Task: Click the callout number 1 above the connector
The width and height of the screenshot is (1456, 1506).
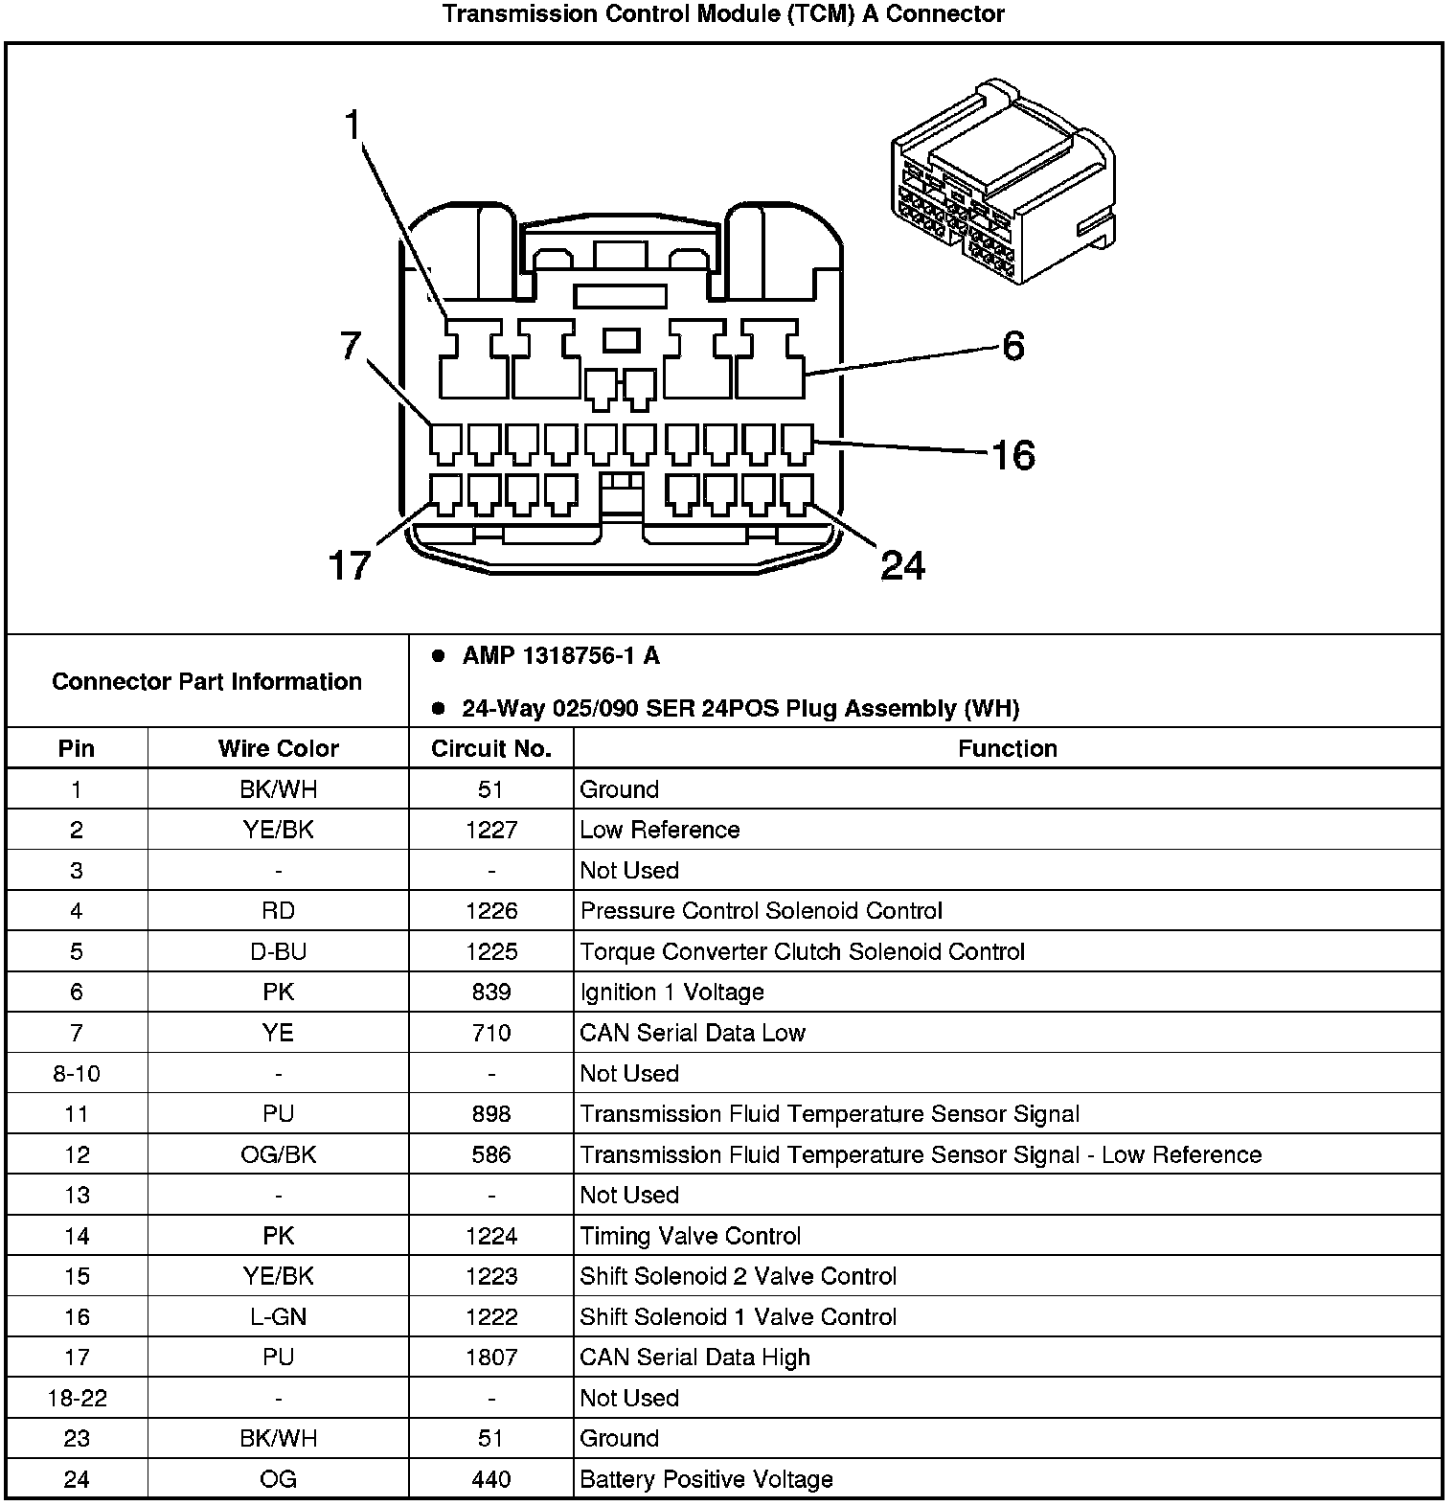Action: coord(354,125)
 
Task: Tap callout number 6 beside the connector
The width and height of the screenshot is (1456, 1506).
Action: coord(1013,346)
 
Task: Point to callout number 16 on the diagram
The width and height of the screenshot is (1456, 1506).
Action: coord(1012,455)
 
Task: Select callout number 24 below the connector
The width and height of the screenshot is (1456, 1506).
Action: coord(902,565)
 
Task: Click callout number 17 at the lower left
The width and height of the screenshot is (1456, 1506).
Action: coord(349,565)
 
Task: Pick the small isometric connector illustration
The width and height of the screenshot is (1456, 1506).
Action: coord(1003,183)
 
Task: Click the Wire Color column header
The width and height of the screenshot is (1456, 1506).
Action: coord(278,748)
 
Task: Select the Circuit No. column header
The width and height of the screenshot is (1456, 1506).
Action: coord(490,748)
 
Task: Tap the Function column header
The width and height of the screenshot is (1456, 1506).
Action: coord(1007,748)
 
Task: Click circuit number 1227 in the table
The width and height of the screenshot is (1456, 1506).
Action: coord(490,830)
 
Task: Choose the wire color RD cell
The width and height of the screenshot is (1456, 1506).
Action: coord(278,910)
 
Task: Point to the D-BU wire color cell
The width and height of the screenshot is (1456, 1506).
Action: coord(278,951)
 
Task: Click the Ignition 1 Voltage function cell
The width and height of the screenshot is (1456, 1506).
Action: coord(671,992)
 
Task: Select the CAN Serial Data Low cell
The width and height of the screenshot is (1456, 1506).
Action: coord(692,1033)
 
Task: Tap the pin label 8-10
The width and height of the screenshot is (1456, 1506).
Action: coord(77,1073)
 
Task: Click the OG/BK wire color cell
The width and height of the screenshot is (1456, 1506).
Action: coord(278,1154)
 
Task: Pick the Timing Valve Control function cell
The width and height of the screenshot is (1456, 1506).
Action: coord(690,1236)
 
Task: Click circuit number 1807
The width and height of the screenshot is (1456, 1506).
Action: coord(490,1358)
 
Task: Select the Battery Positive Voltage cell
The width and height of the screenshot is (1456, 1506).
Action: coord(706,1479)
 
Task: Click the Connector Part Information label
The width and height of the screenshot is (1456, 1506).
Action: coord(207,681)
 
